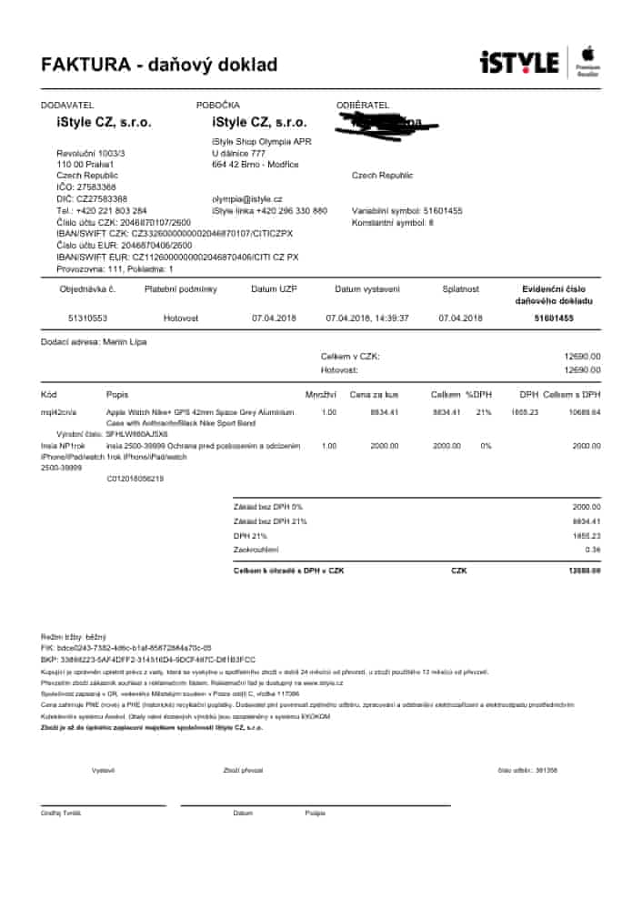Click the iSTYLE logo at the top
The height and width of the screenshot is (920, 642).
click(518, 63)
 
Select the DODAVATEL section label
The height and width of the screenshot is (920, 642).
click(67, 106)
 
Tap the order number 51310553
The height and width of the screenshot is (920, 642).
click(87, 318)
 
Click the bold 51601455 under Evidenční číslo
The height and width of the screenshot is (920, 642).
click(554, 318)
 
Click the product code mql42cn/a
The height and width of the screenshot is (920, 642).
click(58, 412)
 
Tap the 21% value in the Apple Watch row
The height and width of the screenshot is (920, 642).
click(483, 412)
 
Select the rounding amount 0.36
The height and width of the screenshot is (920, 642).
click(593, 550)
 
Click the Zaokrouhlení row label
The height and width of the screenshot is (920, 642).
click(256, 550)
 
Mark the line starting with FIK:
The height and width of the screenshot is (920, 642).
click(126, 647)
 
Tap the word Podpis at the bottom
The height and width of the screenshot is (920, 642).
click(315, 813)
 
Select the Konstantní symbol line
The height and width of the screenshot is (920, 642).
click(393, 221)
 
